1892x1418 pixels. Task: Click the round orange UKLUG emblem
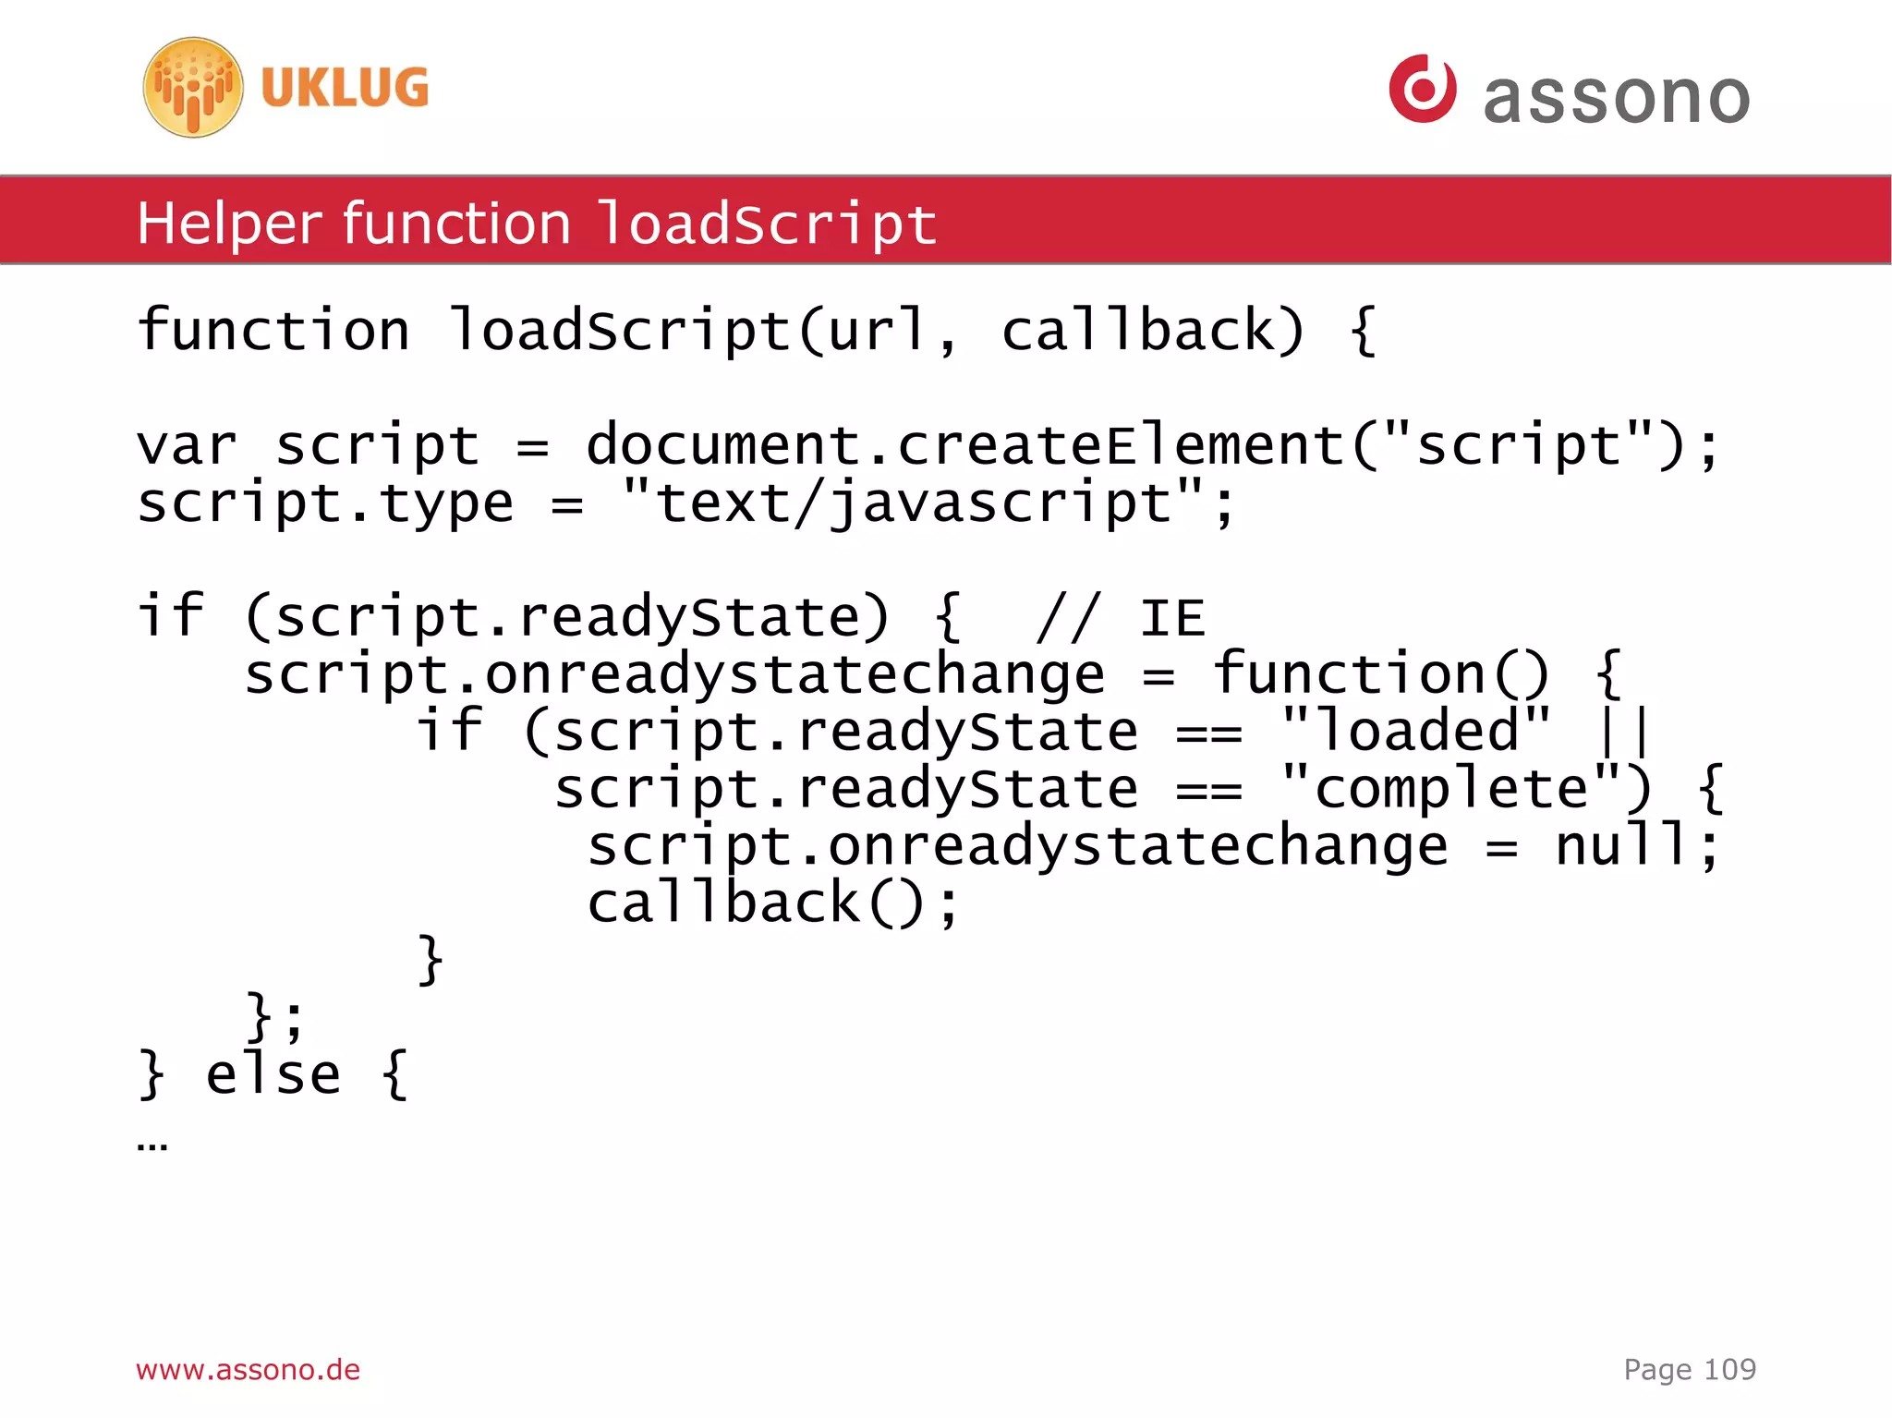[193, 88]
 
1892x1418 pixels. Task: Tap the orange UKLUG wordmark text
[345, 88]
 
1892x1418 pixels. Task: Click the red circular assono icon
[1422, 89]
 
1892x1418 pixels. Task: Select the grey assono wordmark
[1616, 98]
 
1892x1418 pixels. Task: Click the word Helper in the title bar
[230, 224]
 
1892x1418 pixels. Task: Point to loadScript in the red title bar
[767, 224]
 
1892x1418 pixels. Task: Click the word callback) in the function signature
[1153, 330]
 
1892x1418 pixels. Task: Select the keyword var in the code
[188, 446]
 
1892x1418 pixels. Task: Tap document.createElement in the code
[965, 444]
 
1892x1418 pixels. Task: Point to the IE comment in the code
[1122, 618]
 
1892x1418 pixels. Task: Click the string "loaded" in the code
[1417, 731]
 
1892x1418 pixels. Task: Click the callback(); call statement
[773, 903]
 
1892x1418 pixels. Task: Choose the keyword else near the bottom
[273, 1074]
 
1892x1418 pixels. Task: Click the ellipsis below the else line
[152, 1146]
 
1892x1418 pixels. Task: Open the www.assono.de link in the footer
[248, 1369]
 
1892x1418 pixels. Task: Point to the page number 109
[1729, 1369]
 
